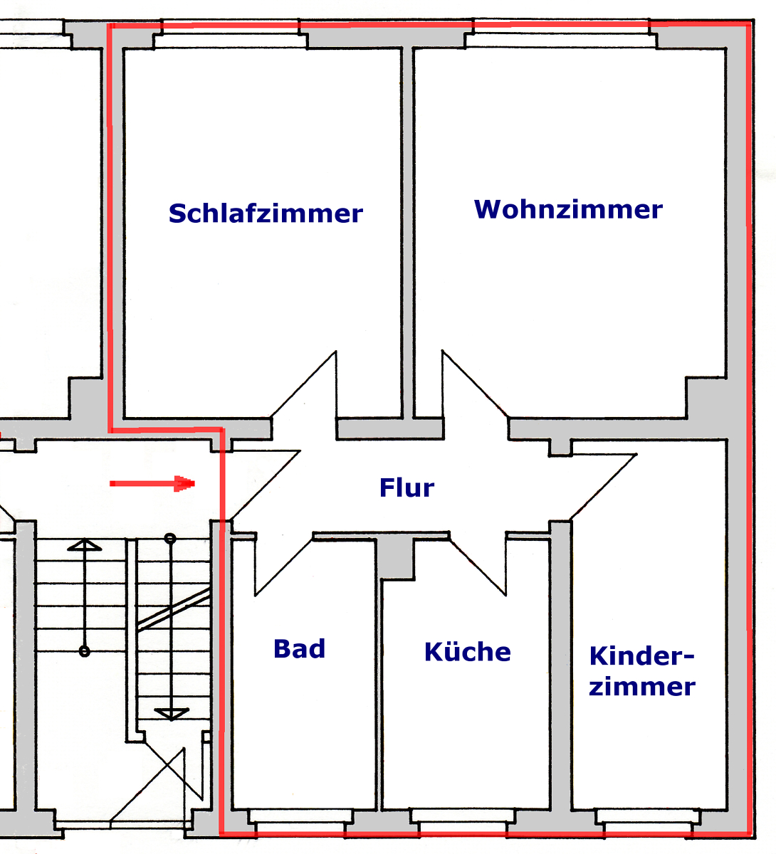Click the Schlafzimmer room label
click(x=266, y=213)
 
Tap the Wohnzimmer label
click(x=568, y=209)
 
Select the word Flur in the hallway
click(x=407, y=487)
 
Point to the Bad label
click(x=299, y=648)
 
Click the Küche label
click(x=467, y=651)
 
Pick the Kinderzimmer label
click(x=642, y=671)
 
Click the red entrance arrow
click(x=152, y=483)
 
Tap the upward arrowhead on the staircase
click(x=84, y=545)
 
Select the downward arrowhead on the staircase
click(x=171, y=714)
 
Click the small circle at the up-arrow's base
click(x=84, y=652)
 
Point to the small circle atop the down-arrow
click(x=170, y=539)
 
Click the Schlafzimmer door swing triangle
click(x=303, y=384)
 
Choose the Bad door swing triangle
click(x=283, y=564)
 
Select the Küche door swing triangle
click(x=478, y=564)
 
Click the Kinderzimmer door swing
click(x=604, y=487)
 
